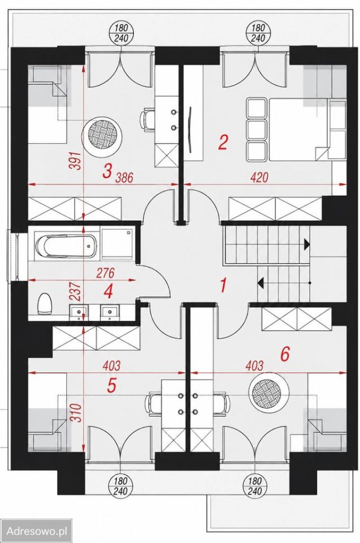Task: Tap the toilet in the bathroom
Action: pos(45,304)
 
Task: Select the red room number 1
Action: pos(223,286)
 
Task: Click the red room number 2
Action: pos(223,143)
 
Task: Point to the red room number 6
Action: pos(284,354)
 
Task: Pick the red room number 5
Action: pos(111,385)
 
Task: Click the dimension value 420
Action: pos(259,178)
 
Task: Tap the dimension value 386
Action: pos(124,178)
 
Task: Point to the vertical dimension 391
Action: pos(76,161)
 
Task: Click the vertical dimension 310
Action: pos(76,413)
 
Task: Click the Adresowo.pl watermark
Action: pos(37,531)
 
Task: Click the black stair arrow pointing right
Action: pos(307,244)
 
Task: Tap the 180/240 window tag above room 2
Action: pos(258,33)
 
